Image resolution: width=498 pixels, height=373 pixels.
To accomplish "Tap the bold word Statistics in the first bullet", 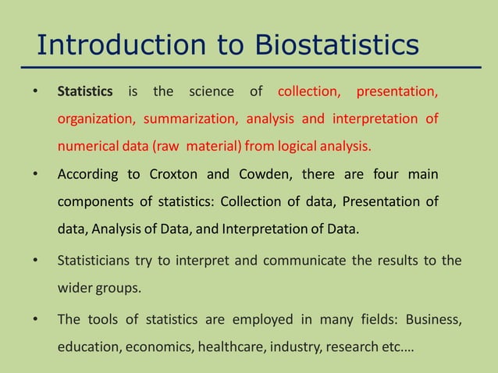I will pyautogui.click(x=85, y=92).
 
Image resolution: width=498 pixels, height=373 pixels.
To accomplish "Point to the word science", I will pyautogui.click(x=212, y=92).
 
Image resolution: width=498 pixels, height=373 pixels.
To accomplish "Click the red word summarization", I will pyautogui.click(x=190, y=119).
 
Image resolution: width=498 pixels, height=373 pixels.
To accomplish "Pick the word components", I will pyautogui.click(x=95, y=202).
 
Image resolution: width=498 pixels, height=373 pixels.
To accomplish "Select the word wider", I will pyautogui.click(x=74, y=286).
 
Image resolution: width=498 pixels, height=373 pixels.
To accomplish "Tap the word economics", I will pyautogui.click(x=156, y=346).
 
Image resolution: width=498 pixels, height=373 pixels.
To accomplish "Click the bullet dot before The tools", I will pyautogui.click(x=34, y=320).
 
